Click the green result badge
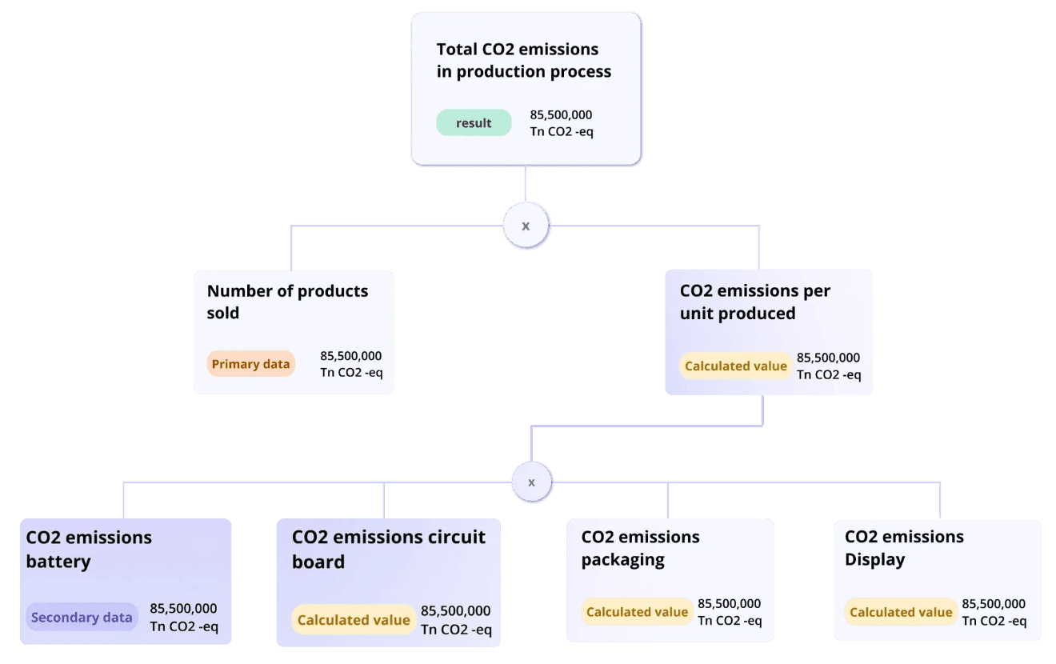[474, 122]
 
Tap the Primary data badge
[250, 364]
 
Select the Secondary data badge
[81, 617]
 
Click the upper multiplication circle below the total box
[526, 226]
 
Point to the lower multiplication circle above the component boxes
[531, 482]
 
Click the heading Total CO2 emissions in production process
[523, 61]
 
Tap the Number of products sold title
[287, 302]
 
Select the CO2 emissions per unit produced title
[754, 302]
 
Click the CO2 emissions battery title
[89, 549]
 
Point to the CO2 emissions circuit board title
[388, 549]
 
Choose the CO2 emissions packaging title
[640, 548]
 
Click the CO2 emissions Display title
[904, 548]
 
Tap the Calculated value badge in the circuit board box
[354, 620]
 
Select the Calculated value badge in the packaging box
[637, 612]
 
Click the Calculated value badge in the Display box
[901, 612]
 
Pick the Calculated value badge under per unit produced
[736, 366]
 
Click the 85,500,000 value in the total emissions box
[561, 115]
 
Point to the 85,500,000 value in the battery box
[183, 609]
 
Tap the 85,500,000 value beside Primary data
[350, 356]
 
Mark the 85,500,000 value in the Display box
[993, 604]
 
